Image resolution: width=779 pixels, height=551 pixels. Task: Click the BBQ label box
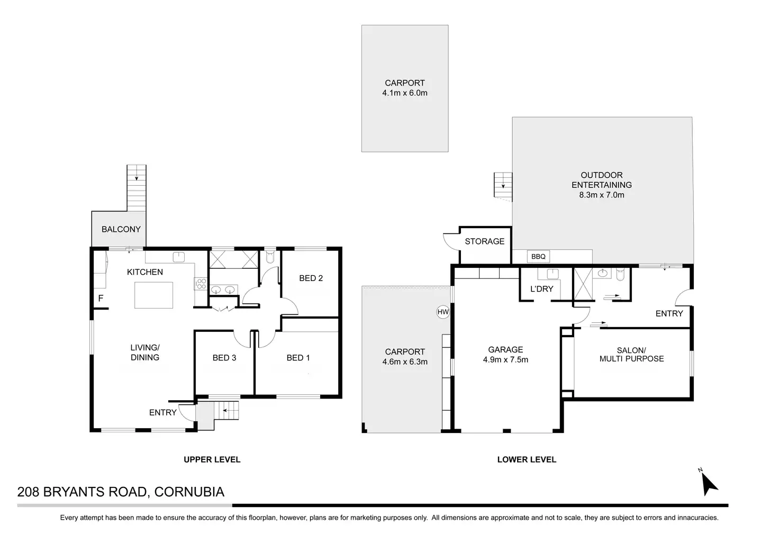pos(538,257)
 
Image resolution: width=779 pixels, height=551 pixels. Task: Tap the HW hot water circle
pos(443,312)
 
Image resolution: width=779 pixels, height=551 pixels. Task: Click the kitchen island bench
pos(153,295)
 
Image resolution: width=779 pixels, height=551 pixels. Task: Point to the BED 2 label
pos(311,278)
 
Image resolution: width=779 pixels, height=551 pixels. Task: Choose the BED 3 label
pos(224,358)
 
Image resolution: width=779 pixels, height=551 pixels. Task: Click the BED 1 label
pos(298,358)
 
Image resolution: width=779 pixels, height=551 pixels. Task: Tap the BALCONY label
pos(121,229)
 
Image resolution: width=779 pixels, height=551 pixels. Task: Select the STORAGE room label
pos(485,241)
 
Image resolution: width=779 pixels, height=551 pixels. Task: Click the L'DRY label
pos(541,289)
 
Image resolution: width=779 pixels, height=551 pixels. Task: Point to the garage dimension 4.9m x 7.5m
pos(505,360)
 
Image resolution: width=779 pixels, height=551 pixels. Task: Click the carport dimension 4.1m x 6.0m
pos(405,93)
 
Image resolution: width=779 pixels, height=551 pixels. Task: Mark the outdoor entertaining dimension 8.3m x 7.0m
pos(602,195)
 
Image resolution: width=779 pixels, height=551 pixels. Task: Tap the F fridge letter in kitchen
pos(101,299)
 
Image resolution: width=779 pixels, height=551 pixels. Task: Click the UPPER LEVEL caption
pos(212,459)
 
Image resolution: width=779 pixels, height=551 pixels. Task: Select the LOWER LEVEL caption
pos(527,459)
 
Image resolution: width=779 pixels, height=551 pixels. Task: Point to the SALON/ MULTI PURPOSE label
pos(631,355)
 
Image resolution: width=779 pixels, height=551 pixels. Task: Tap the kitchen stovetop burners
pos(201,284)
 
